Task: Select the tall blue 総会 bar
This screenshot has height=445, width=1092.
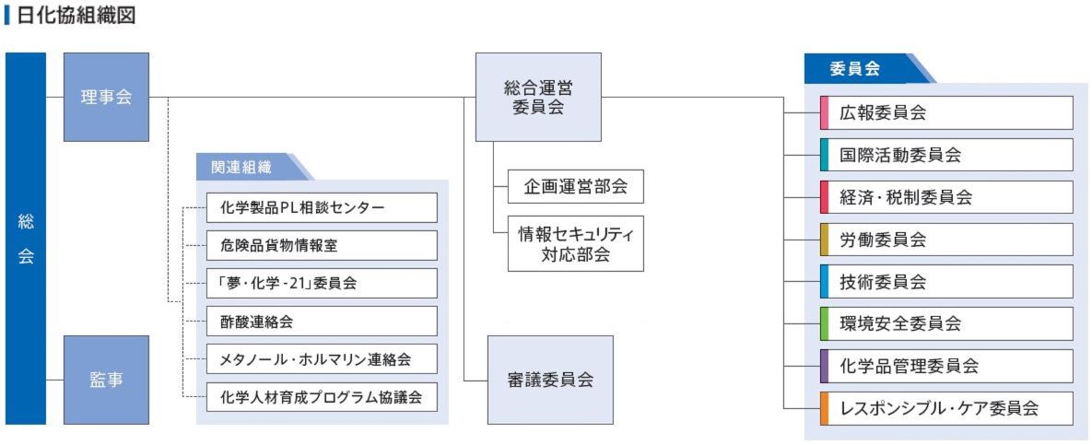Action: (x=26, y=239)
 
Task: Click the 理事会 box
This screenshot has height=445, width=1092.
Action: (x=106, y=97)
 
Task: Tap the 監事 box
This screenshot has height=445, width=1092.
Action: (x=106, y=380)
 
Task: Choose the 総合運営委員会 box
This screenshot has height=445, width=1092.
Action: (x=538, y=97)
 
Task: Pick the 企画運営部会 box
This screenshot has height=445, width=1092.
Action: (x=576, y=186)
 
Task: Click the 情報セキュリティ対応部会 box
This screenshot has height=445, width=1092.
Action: (x=576, y=243)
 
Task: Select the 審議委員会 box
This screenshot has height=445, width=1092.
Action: (x=550, y=380)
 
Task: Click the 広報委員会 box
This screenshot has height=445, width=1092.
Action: (x=946, y=113)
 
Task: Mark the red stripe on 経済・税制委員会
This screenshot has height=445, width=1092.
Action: (x=824, y=197)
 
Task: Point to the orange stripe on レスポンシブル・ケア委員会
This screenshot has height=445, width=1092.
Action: (x=824, y=408)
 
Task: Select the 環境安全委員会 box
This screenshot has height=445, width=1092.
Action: (x=946, y=323)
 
